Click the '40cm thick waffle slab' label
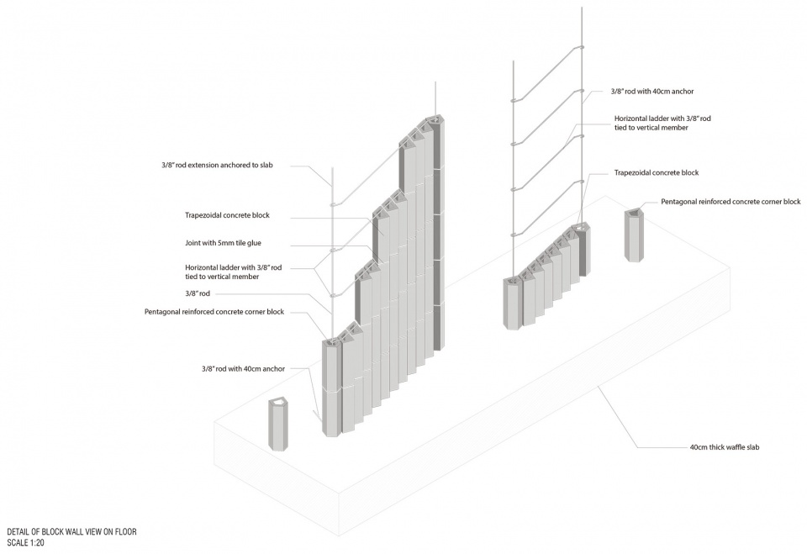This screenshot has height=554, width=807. [x=724, y=447]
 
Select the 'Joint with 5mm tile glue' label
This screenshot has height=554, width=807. [x=223, y=243]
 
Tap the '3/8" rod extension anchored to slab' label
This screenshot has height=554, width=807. [x=217, y=166]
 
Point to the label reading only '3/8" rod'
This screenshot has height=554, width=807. [x=198, y=294]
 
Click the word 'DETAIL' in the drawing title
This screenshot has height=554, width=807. [x=18, y=532]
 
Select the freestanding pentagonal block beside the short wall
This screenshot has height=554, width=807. [x=636, y=235]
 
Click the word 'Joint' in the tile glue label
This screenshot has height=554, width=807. [x=193, y=243]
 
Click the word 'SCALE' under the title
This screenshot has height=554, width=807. [x=18, y=543]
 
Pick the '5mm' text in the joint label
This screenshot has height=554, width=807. [x=226, y=243]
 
